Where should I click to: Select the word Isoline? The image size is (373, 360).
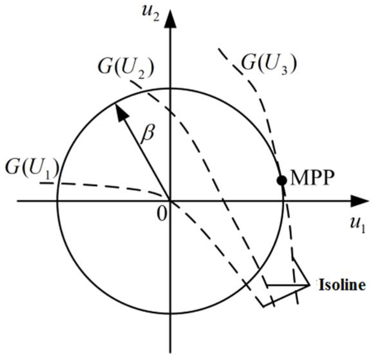pyautogui.click(x=342, y=285)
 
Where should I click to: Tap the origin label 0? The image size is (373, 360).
pyautogui.click(x=163, y=214)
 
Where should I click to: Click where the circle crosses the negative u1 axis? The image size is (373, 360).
pyautogui.click(x=57, y=201)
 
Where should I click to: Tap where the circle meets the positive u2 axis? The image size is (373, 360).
pyautogui.click(x=170, y=88)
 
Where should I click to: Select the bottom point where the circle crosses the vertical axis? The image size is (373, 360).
pyautogui.click(x=170, y=313)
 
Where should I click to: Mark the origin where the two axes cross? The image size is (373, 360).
pyautogui.click(x=170, y=201)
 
